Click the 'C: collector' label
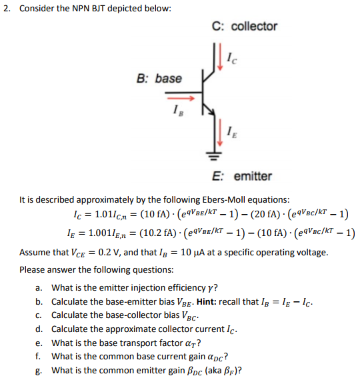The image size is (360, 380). (244, 27)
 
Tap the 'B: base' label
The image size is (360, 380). (159, 79)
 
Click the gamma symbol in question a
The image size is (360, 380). (207, 288)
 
